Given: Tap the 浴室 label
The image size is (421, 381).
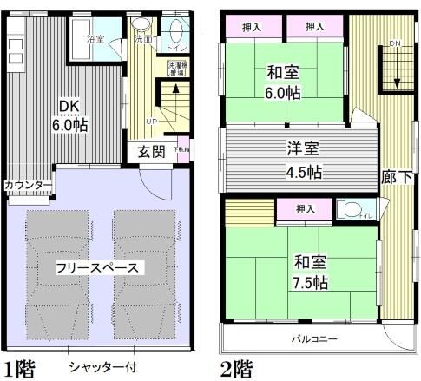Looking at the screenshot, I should pyautogui.click(x=97, y=40).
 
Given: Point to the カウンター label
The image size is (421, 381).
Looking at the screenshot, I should pyautogui.click(x=27, y=185).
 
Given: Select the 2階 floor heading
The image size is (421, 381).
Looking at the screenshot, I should pyautogui.click(x=236, y=367).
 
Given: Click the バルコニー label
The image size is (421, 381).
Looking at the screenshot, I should pyautogui.click(x=314, y=338).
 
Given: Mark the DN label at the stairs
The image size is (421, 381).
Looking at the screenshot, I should pyautogui.click(x=395, y=43).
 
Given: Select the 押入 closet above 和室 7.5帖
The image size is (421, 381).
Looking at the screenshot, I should pyautogui.click(x=305, y=209).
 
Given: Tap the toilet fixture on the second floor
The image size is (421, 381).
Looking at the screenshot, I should pyautogui.click(x=349, y=209).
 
